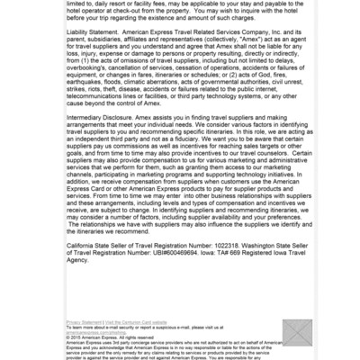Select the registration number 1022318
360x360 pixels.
[225, 243]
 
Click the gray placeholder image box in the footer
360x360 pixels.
[296, 331]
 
